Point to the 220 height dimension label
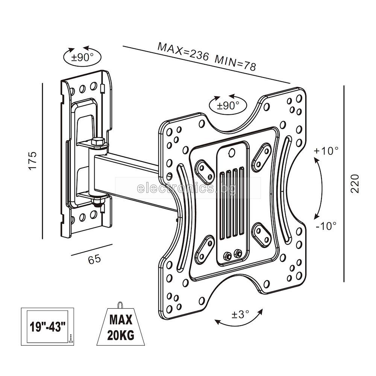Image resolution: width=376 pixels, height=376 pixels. (355, 183)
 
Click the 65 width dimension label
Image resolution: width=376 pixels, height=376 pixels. (94, 259)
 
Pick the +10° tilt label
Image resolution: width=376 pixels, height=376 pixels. (326, 151)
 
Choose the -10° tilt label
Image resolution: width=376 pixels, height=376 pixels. (326, 226)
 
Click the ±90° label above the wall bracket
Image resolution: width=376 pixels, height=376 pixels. (82, 58)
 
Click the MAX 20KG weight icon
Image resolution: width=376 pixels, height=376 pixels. (120, 327)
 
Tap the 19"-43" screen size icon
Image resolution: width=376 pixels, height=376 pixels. (48, 326)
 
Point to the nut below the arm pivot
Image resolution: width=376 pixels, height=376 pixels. (97, 203)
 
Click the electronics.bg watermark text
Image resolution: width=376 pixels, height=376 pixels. (187, 188)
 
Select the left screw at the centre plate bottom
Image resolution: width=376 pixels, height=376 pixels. (227, 256)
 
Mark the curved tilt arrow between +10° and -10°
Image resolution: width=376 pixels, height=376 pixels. (320, 188)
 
